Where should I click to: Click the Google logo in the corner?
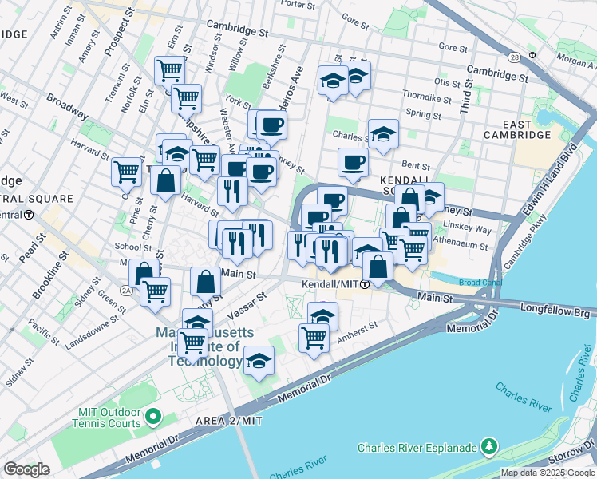[x=27, y=469]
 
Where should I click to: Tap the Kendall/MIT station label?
[x=329, y=284]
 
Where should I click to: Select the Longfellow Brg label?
[x=557, y=307]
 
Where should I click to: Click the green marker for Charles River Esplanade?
[x=488, y=447]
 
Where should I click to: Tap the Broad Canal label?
[x=480, y=283]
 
